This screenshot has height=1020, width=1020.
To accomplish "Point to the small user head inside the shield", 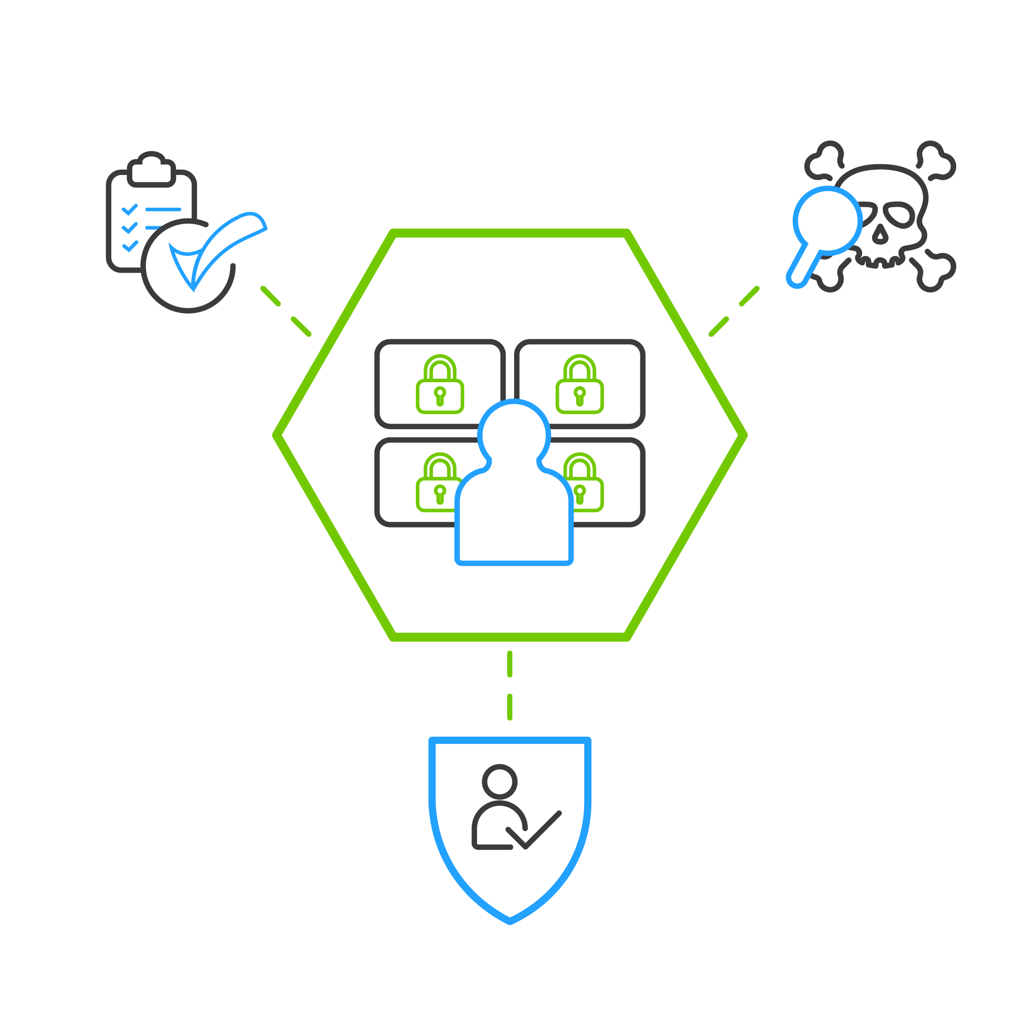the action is pyautogui.click(x=499, y=782).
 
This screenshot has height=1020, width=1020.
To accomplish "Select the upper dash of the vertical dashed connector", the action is pyautogui.click(x=509, y=664).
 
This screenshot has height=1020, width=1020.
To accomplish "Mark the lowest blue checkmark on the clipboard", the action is pyautogui.click(x=130, y=246).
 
